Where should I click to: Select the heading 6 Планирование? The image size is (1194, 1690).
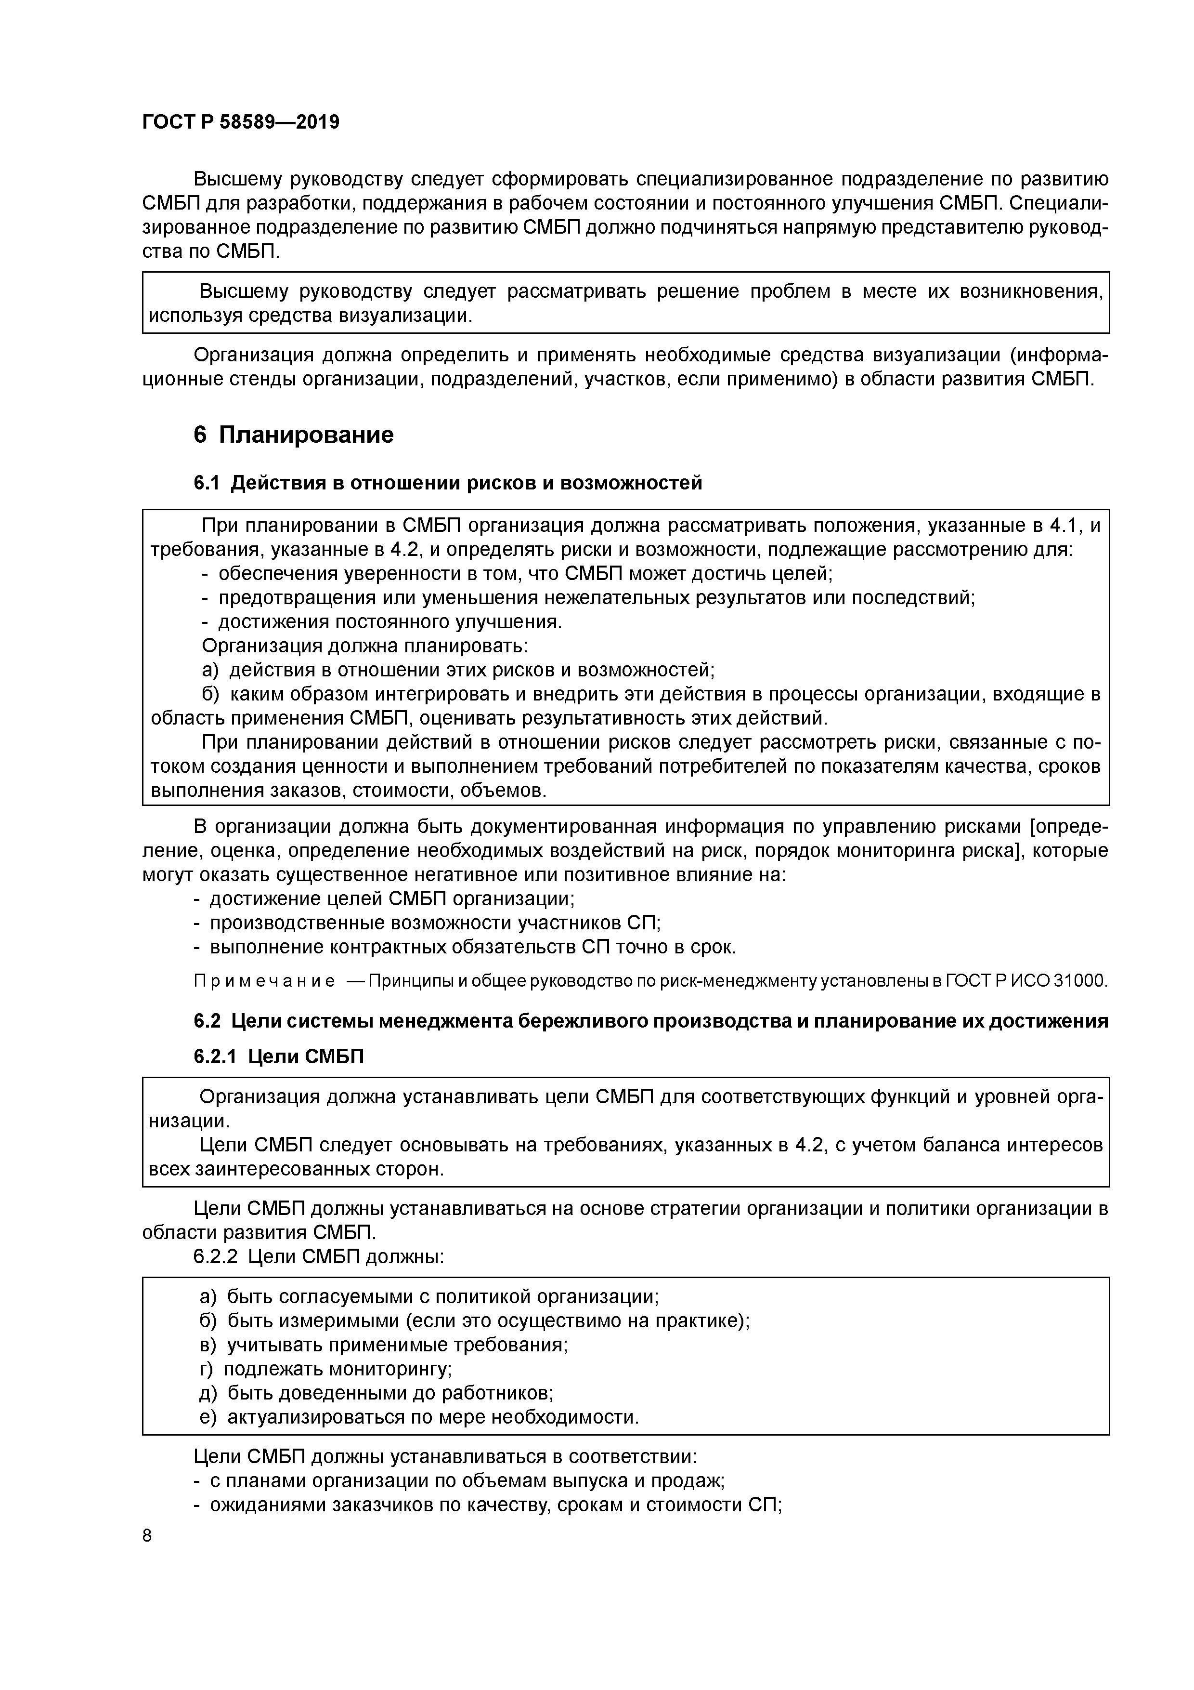[294, 435]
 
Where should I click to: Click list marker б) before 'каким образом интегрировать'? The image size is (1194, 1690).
[210, 694]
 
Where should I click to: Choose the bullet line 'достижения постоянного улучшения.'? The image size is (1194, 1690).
[383, 622]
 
